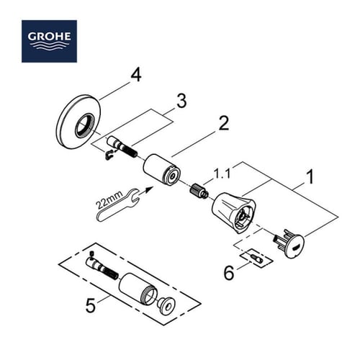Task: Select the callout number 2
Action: tap(224, 123)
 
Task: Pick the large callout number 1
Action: tap(310, 174)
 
